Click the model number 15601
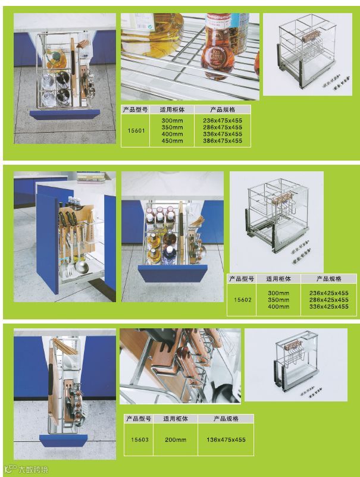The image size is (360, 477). click(136, 130)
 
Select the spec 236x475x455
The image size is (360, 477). click(223, 121)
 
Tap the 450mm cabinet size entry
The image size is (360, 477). click(172, 140)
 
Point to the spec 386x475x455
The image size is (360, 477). click(223, 140)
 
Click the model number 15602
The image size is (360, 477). click(243, 300)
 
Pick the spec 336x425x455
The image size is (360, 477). click(328, 307)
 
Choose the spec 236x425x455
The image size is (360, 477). click(328, 293)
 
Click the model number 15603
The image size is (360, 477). click(140, 440)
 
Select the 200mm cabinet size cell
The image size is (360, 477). click(176, 440)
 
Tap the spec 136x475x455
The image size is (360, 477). click(226, 440)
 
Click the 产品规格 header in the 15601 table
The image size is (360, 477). click(223, 109)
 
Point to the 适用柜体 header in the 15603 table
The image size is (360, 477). click(176, 419)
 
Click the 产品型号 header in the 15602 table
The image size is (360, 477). click(242, 279)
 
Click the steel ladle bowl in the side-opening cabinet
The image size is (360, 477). click(82, 267)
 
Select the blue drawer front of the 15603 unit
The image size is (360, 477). click(63, 440)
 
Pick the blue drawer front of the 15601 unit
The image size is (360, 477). click(64, 114)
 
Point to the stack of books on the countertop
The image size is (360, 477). click(91, 177)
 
